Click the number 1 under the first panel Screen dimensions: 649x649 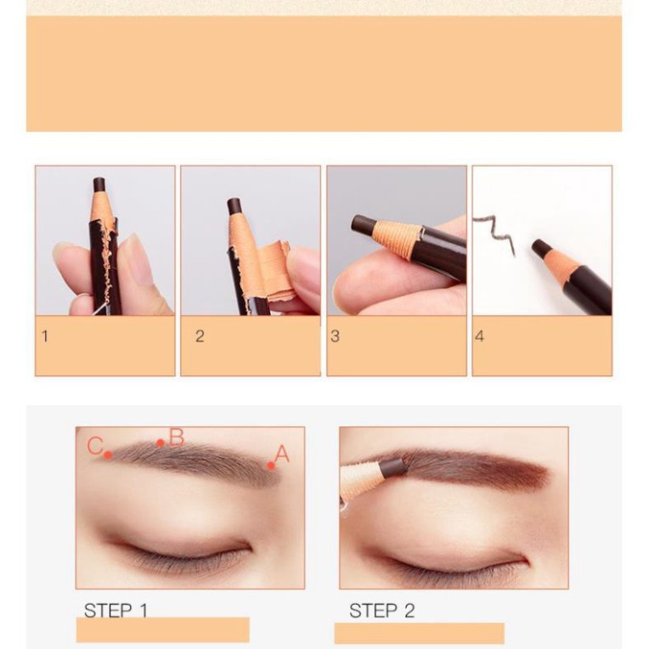45,336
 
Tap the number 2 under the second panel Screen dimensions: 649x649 200,336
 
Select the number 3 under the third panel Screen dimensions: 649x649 335,336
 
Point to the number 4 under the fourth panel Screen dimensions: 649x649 479,336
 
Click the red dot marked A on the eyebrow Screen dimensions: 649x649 270,466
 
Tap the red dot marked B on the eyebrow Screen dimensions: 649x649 160,443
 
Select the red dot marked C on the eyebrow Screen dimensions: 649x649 108,454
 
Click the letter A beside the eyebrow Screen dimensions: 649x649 282,454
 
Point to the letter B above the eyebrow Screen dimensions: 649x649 176,437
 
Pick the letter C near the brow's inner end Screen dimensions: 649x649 95,446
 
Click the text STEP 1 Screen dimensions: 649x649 116,610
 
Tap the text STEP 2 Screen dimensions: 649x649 381,611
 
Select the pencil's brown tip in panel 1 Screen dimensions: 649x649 99,184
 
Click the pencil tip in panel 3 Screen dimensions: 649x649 364,225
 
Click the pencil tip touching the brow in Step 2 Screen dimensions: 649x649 392,467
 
